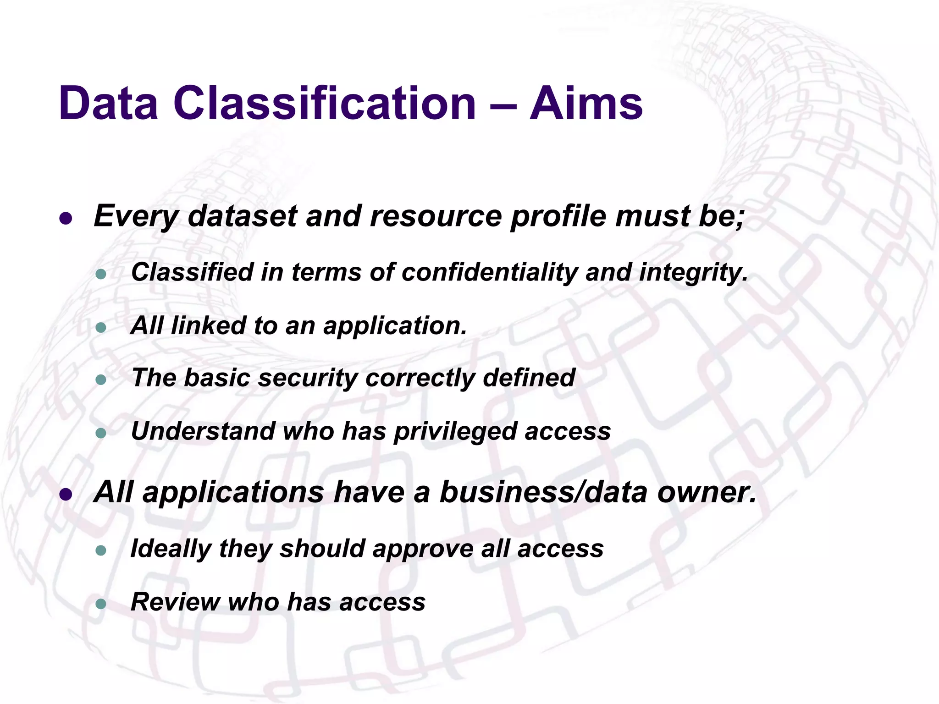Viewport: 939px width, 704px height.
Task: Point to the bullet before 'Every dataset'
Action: [66, 219]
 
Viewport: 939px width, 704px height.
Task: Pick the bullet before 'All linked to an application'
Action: [101, 328]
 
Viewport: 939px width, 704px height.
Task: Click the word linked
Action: [208, 325]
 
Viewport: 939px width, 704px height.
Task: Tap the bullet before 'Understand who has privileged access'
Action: [101, 433]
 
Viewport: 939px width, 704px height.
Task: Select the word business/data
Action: [543, 492]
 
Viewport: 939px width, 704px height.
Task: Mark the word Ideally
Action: [171, 549]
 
